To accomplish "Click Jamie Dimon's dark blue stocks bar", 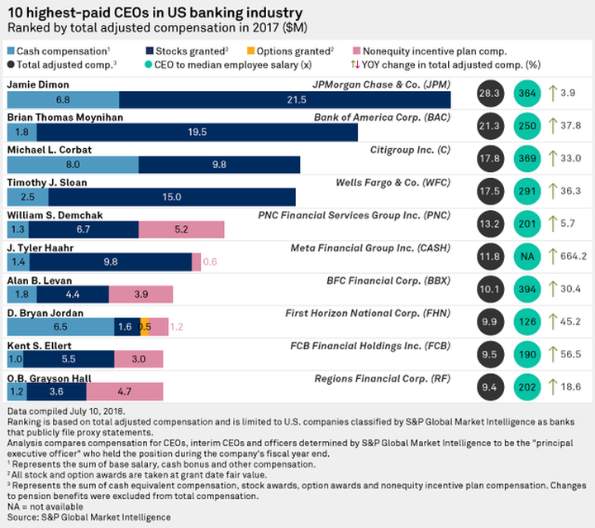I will click(285, 99).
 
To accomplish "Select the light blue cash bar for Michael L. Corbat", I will click(72, 165).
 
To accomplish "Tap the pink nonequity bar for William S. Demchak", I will click(181, 229).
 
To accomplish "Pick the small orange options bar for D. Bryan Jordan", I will click(144, 326).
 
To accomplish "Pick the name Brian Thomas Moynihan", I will click(65, 118).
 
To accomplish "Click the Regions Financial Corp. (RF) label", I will click(383, 377).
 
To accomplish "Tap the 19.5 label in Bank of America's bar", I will click(220, 132).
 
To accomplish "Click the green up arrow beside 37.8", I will click(552, 126).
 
